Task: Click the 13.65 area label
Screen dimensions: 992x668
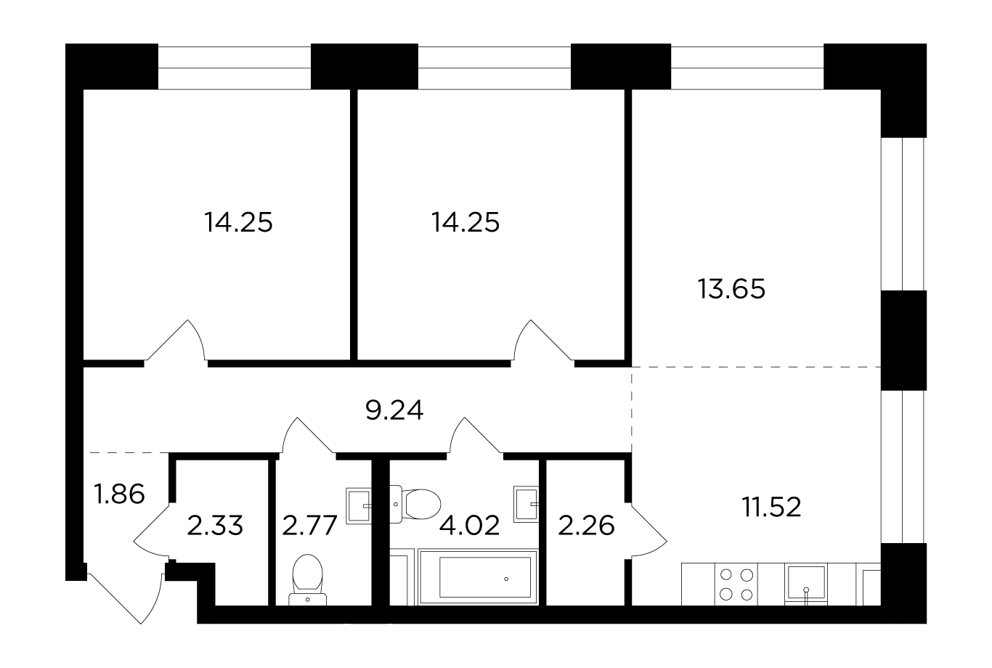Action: (731, 289)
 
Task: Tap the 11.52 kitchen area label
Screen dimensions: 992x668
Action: (771, 507)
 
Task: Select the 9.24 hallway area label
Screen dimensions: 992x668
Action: (394, 410)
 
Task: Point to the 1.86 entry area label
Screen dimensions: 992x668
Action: (119, 494)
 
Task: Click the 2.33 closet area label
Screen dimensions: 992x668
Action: (215, 526)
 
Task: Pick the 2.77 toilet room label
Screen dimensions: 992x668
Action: (309, 526)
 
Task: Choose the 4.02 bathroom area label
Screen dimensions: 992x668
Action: (469, 526)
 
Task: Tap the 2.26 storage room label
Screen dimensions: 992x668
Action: (586, 526)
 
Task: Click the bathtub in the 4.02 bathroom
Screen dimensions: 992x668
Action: (478, 577)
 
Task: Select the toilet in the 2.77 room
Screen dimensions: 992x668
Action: (307, 579)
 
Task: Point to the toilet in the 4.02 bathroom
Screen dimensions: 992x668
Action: (415, 504)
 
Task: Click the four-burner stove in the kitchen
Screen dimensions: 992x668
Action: (736, 584)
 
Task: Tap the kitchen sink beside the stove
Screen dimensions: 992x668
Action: (806, 584)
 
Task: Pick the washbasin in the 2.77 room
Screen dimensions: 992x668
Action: (358, 506)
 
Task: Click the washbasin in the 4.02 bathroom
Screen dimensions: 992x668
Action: (526, 504)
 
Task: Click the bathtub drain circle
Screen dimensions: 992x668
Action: (506, 579)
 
